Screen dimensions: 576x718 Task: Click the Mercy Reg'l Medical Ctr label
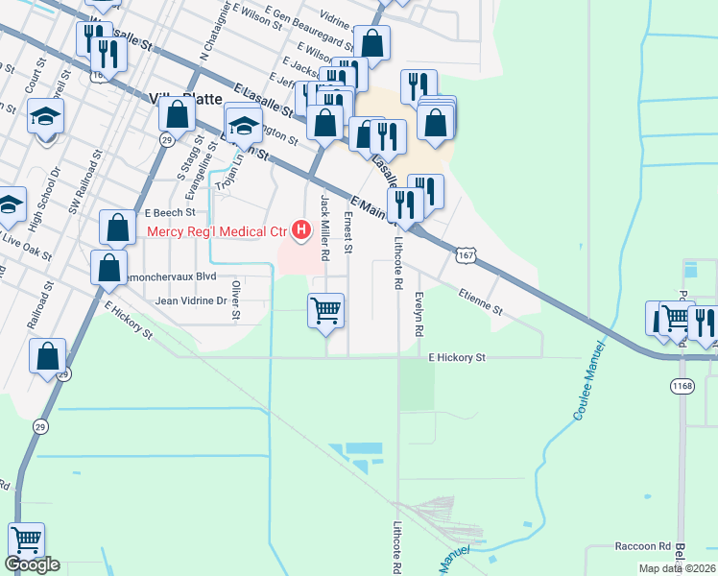217,231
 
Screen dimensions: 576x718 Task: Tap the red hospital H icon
301,230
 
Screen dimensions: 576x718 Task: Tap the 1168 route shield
682,385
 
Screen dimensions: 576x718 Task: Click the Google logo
32,564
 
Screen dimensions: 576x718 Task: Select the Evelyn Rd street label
419,314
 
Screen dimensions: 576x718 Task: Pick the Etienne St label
480,303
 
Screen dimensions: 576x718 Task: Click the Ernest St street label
348,235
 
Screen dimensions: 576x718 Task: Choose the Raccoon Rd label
642,546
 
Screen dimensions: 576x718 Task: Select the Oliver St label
236,300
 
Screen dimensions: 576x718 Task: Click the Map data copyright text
677,568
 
